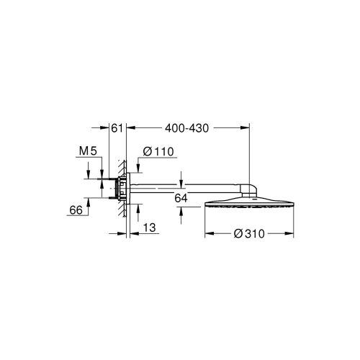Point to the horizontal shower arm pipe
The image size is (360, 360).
(187, 189)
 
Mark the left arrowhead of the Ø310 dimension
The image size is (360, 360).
(209, 233)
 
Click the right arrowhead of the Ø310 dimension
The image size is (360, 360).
(291, 233)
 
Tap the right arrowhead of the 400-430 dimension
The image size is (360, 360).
(246, 129)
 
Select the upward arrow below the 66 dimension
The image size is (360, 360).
(89, 204)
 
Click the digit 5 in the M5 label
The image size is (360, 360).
(93, 152)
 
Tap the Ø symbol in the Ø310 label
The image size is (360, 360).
(238, 233)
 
